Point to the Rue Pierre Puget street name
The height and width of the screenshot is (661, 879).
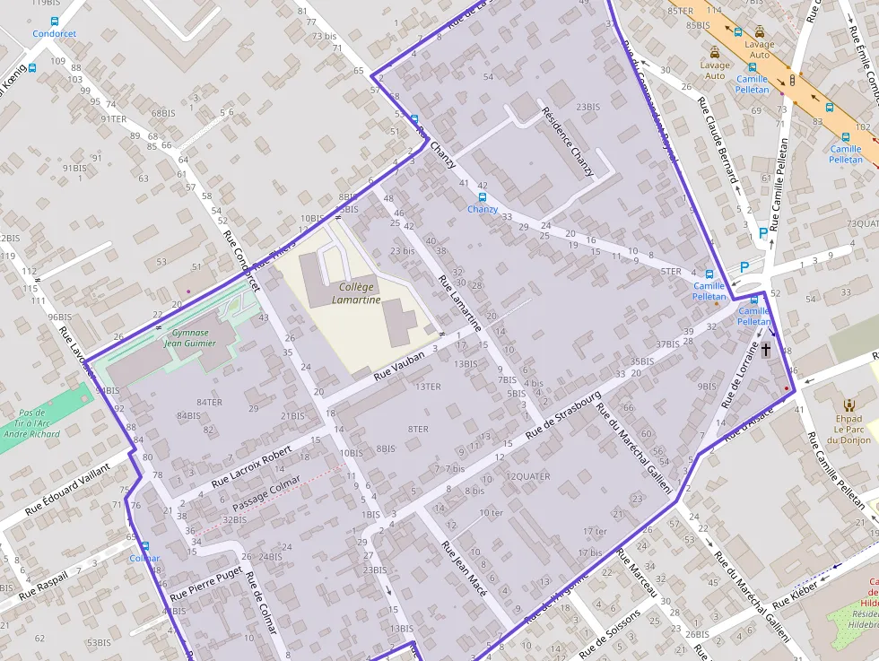205,581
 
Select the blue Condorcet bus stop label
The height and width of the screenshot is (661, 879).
54,34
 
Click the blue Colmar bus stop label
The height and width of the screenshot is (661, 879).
144,558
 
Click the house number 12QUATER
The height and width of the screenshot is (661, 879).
528,476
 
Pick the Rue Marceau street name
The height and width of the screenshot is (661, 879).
638,574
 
